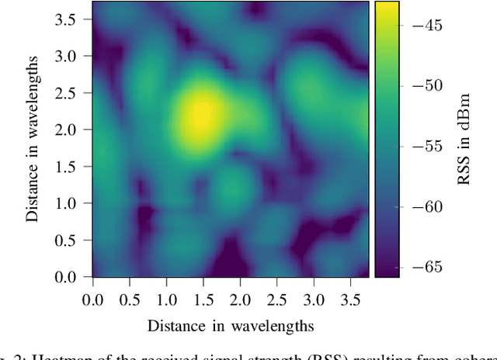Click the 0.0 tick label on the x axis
point(92,299)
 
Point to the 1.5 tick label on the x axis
point(203,299)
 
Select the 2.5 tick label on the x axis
point(276,299)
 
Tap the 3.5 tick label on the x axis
point(350,299)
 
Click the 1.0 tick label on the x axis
point(166,299)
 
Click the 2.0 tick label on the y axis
point(68,130)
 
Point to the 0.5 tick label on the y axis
point(68,240)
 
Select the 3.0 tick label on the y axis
point(68,56)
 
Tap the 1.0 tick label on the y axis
point(68,203)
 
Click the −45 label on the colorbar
point(426,26)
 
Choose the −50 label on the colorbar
point(426,85)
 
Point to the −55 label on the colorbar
point(426,146)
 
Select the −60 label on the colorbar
point(426,206)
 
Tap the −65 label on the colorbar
point(426,267)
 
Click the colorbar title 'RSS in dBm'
point(464,139)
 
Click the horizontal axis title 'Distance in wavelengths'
point(230,324)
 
